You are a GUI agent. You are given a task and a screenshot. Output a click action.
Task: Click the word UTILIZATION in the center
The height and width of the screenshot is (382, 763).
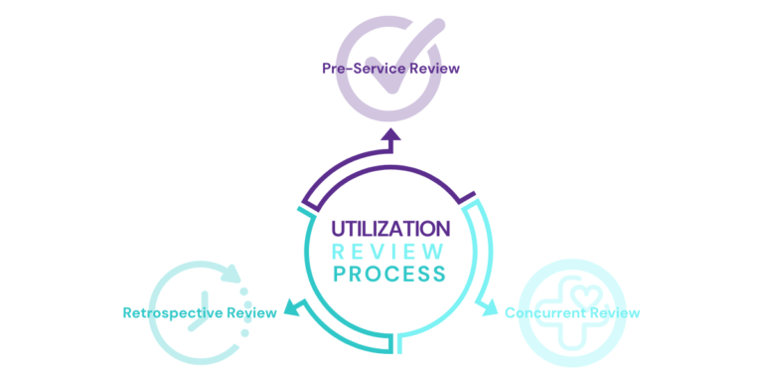pyautogui.click(x=390, y=229)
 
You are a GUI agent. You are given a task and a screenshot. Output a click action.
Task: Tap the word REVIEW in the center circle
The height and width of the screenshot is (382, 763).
pyautogui.click(x=388, y=252)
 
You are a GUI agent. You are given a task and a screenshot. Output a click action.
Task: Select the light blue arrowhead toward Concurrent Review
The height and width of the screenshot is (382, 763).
pyautogui.click(x=489, y=309)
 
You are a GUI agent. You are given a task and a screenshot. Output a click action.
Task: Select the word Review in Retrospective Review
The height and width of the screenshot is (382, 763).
pyautogui.click(x=251, y=313)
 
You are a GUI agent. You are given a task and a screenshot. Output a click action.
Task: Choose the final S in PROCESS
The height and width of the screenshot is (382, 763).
pyautogui.click(x=439, y=274)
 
